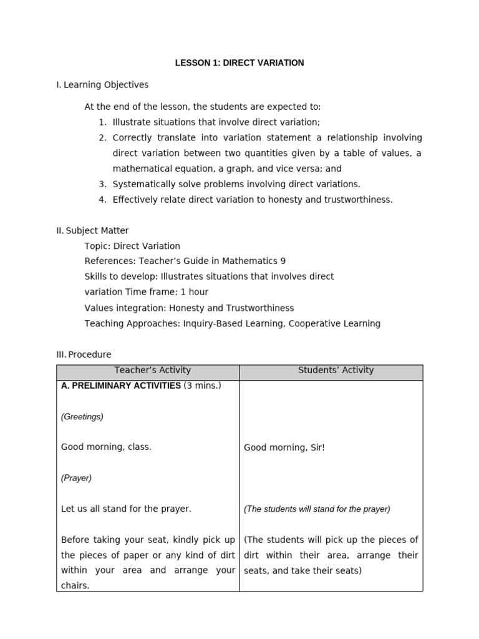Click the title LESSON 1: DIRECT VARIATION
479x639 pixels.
239,63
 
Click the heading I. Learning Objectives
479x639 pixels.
102,84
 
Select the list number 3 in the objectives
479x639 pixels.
102,184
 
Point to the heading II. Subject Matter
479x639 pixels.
92,230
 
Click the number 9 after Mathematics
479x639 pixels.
283,261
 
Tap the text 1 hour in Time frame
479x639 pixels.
195,292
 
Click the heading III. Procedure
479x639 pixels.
84,354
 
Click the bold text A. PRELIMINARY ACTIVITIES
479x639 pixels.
121,386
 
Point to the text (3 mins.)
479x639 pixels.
202,386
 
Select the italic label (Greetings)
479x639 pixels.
82,416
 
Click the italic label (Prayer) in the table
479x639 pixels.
76,478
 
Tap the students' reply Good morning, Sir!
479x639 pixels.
284,447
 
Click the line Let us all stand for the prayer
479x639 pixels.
126,509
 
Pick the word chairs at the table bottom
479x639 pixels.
75,585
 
